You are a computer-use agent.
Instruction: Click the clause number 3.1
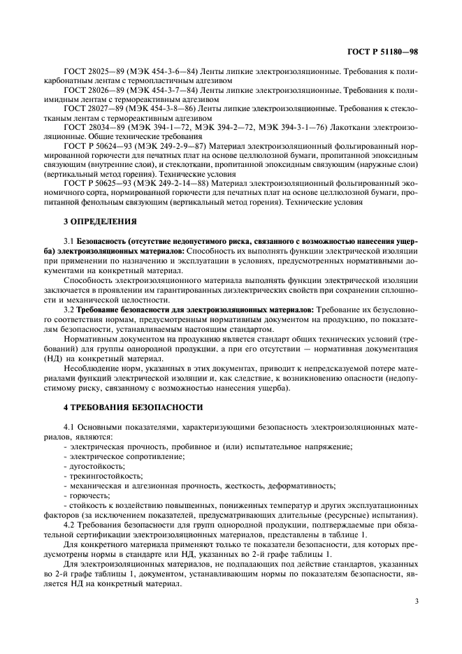coord(68,241)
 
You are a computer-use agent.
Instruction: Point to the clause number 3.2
coord(68,308)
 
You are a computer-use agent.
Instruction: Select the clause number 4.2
coord(68,522)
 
